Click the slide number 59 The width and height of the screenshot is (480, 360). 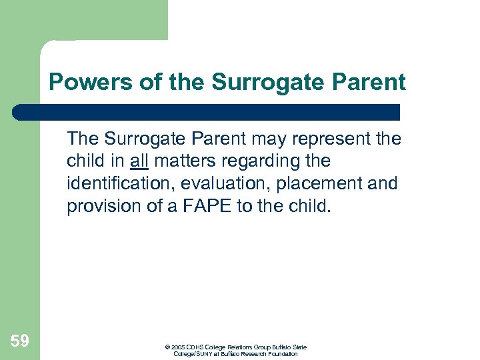click(x=19, y=341)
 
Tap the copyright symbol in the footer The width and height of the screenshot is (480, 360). click(x=168, y=347)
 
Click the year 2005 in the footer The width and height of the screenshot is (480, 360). click(x=178, y=347)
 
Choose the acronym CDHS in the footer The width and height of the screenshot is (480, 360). click(x=195, y=347)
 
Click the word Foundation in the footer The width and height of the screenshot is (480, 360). click(x=283, y=354)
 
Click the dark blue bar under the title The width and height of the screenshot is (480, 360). click(x=207, y=111)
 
